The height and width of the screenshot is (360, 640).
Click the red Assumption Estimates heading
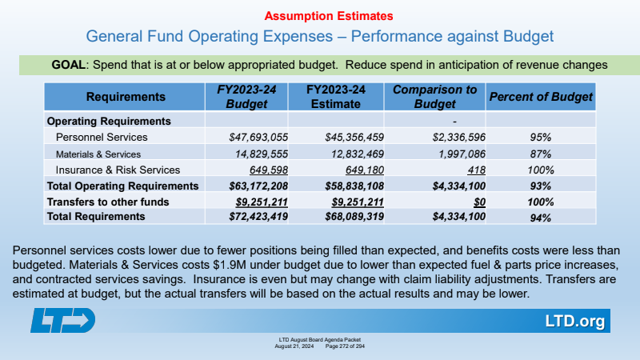[x=319, y=15]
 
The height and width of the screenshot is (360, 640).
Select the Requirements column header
[x=126, y=97]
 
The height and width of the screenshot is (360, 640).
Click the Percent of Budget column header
[x=541, y=97]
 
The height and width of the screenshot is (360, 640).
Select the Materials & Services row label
[x=98, y=154]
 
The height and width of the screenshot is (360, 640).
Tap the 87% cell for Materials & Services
[x=541, y=154]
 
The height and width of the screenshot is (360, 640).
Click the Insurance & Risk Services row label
[x=118, y=170]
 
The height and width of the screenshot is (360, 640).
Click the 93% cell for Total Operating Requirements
[x=541, y=186]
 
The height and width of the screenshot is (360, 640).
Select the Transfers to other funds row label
[x=108, y=202]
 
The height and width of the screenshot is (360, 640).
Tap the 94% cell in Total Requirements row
[x=541, y=217]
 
